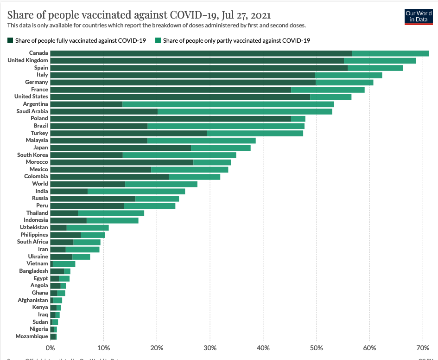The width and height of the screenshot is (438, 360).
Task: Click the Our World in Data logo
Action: coord(419,16)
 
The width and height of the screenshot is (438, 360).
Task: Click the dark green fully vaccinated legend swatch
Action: coord(10,40)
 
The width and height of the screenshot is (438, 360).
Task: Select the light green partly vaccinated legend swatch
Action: coord(158,40)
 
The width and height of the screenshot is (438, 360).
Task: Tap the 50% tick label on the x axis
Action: coord(317,347)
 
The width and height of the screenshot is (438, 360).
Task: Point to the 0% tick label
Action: coord(50,347)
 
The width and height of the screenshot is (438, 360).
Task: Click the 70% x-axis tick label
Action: coord(423,347)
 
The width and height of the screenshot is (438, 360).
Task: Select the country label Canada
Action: coord(38,53)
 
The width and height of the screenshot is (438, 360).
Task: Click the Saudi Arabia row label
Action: coord(32,111)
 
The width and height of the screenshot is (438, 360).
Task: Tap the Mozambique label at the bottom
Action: coord(32,336)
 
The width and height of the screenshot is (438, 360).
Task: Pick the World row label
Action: coord(40,184)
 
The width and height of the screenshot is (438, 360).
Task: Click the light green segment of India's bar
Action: coord(136,191)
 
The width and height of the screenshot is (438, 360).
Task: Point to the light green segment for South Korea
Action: coord(179,155)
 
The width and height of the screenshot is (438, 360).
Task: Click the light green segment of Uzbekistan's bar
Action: coord(88,227)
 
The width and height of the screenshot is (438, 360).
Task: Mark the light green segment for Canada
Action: coord(390,53)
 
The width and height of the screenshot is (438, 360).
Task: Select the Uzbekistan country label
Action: coord(34,227)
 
